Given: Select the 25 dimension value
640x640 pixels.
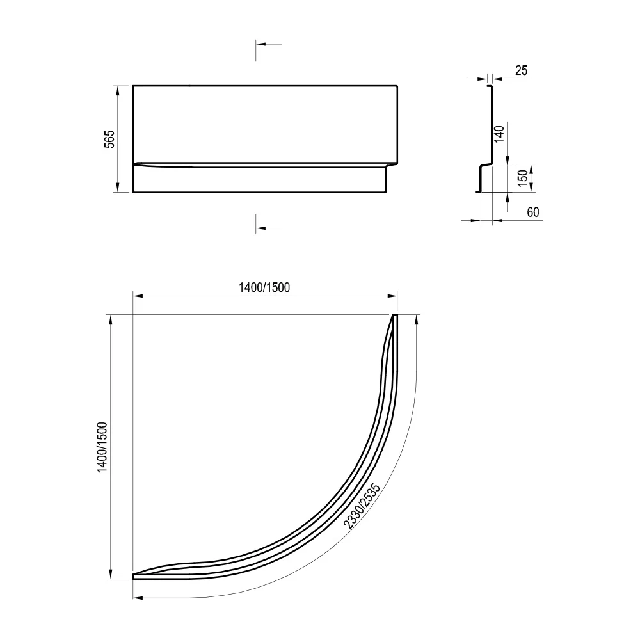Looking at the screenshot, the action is pos(521,70).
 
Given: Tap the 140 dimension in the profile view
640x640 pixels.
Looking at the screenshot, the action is pos(499,134).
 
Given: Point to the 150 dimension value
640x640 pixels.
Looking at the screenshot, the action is pos(523,179).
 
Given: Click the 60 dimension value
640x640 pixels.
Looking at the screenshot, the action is pos(533,212).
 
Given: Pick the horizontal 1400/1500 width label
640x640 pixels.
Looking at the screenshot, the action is pos(264,287).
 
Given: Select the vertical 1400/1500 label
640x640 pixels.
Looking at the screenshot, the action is pos(102,447).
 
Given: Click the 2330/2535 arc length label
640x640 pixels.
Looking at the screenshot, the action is pos(362,506).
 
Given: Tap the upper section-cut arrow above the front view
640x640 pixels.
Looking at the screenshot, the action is pos(269,44).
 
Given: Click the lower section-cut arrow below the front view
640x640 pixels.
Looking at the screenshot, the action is pos(269,228).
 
